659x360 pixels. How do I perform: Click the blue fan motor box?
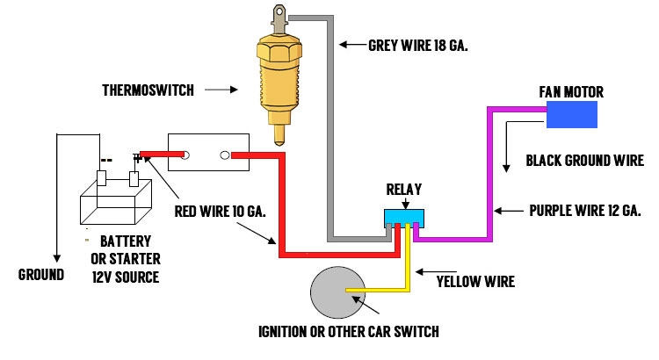tap(572, 115)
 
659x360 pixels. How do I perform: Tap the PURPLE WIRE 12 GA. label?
tap(584, 211)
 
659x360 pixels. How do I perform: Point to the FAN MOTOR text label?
tap(571, 92)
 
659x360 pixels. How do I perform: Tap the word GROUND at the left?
tap(41, 275)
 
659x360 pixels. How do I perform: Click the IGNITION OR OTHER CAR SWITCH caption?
tap(348, 332)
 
